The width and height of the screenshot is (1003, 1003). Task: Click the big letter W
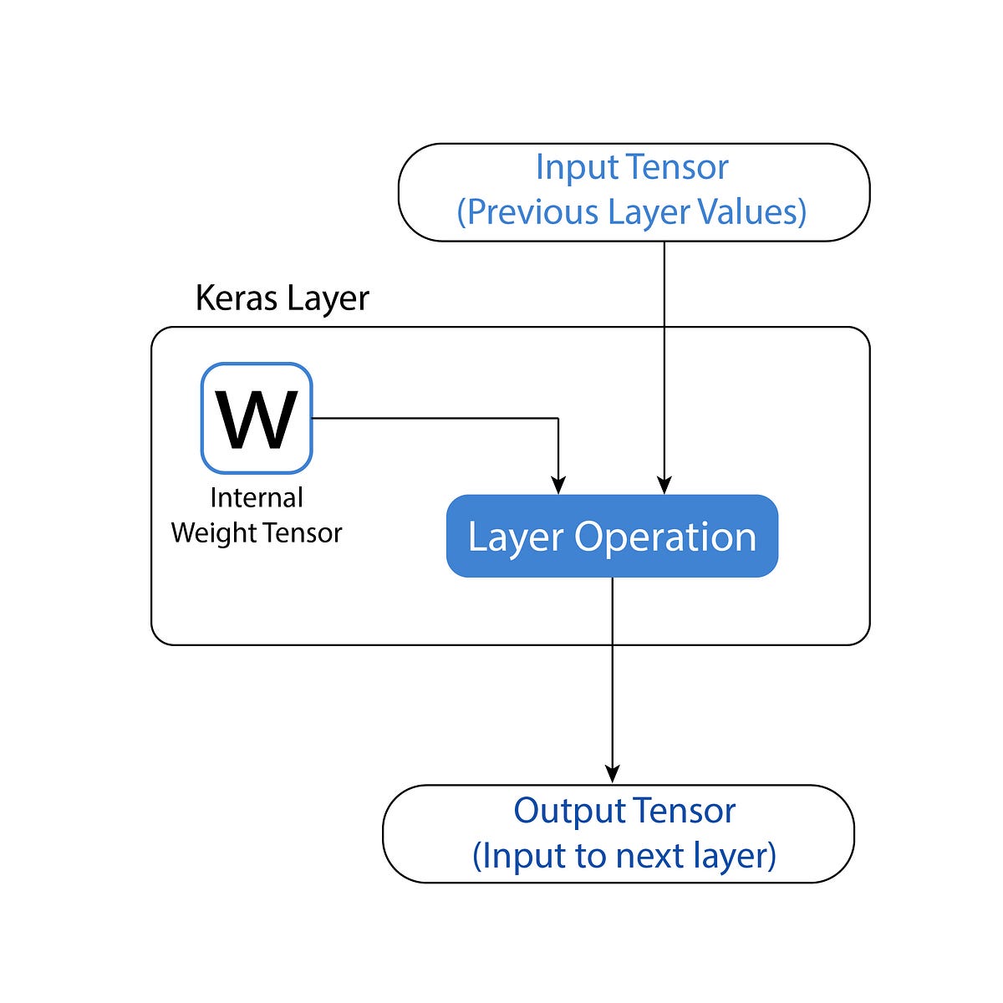pos(257,420)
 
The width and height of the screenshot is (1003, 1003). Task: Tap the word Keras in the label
pos(237,298)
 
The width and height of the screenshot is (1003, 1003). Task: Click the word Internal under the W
pos(257,497)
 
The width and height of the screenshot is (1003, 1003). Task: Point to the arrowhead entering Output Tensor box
pos(613,774)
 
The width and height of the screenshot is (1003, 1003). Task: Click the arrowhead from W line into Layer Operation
pos(558,485)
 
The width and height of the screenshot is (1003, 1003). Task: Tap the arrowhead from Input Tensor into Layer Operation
pos(664,485)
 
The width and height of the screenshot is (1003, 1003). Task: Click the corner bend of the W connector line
pos(558,418)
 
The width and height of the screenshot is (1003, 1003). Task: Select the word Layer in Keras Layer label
pos(328,298)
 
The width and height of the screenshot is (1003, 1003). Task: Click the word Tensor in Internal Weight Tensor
pos(304,533)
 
